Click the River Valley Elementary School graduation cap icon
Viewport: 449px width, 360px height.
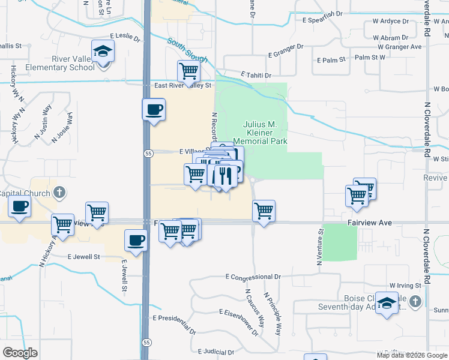[103, 52]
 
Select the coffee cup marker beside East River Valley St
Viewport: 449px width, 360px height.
[153, 110]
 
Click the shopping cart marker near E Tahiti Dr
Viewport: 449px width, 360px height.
[188, 72]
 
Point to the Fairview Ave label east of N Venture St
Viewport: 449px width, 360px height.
[369, 223]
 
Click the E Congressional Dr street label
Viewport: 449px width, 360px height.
[253, 277]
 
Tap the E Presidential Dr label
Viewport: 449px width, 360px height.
[174, 324]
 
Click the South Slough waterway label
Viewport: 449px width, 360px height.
[188, 51]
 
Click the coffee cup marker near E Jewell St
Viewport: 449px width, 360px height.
[136, 241]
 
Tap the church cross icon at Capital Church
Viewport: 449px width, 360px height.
[58, 193]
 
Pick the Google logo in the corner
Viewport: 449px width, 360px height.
[20, 353]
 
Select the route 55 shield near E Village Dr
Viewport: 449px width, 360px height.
[148, 153]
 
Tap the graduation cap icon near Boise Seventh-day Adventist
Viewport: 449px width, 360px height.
[388, 304]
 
